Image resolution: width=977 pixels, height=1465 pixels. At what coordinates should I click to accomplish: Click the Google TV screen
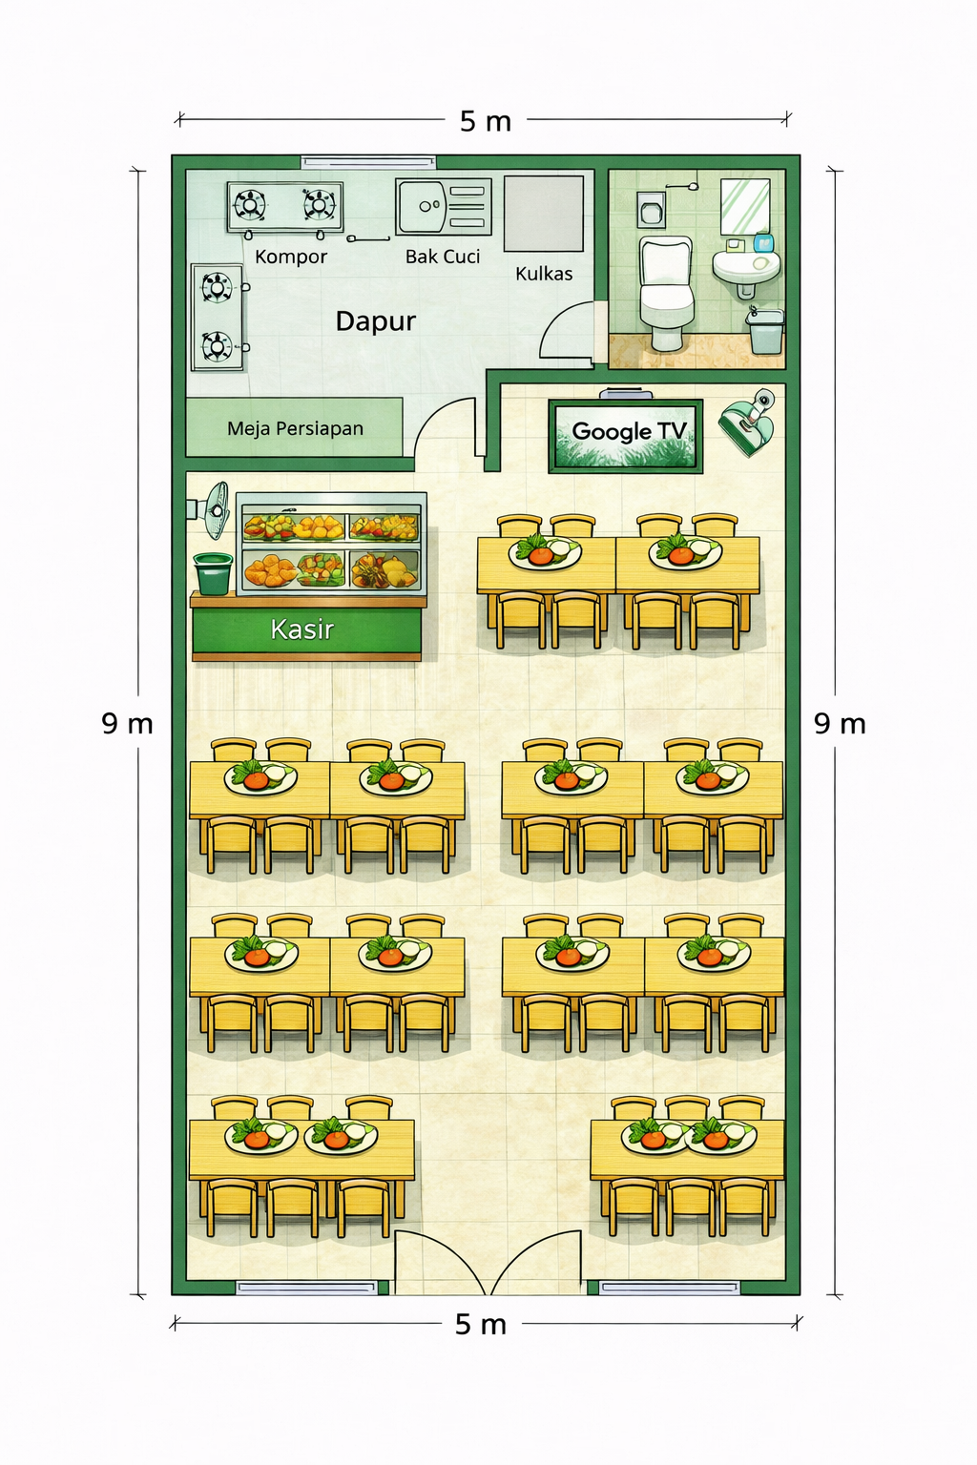point(626,435)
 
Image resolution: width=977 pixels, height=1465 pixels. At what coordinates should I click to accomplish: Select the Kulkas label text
point(544,274)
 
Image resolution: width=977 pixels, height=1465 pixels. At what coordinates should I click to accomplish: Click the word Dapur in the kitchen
point(376,321)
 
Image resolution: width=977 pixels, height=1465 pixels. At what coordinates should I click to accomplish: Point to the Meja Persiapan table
point(294,427)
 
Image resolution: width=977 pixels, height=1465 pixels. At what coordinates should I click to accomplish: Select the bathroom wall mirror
point(745,206)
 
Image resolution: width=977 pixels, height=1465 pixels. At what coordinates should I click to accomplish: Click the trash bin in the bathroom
point(765,332)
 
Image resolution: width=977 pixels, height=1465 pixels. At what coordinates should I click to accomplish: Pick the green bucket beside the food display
point(214,573)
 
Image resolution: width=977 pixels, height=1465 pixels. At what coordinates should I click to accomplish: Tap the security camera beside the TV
point(748,421)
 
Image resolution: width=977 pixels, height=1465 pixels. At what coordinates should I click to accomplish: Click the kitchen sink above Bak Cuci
point(443,207)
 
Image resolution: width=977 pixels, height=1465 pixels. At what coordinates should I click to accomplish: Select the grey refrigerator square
point(543,214)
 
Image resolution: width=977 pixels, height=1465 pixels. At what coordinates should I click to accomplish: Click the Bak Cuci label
point(443,257)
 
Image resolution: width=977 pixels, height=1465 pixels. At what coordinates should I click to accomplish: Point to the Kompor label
point(291,257)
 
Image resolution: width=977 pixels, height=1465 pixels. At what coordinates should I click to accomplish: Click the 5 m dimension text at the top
point(485,121)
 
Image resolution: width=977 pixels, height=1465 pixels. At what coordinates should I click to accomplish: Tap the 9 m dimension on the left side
point(128,724)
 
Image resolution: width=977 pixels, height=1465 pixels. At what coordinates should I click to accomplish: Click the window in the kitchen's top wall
point(368,162)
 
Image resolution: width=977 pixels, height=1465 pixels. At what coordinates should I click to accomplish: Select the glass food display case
point(331,544)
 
